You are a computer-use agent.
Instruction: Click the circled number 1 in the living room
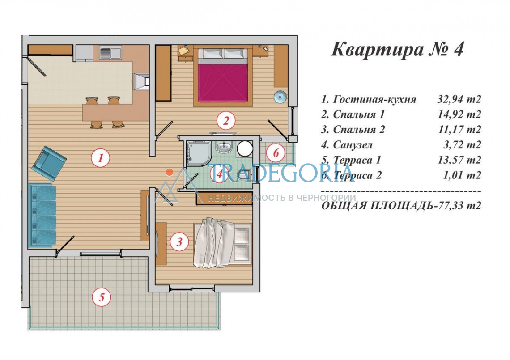[x=100, y=158]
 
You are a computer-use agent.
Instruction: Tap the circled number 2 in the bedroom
[x=226, y=121]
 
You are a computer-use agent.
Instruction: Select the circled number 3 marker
[x=179, y=241]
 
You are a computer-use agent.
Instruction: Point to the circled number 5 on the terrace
[x=102, y=297]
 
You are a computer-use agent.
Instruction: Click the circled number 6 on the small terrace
[x=276, y=152]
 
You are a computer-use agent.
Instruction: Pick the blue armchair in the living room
[x=49, y=163]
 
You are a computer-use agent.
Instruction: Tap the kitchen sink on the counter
[x=110, y=53]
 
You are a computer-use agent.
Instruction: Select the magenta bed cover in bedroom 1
[x=223, y=83]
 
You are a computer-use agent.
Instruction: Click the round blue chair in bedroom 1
[x=280, y=97]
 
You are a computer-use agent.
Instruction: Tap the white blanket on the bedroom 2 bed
[x=214, y=243]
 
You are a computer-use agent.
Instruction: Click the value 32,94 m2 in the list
[x=459, y=99]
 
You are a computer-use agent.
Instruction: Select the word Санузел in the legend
[x=353, y=145]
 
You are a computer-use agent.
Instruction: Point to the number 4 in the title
[x=458, y=50]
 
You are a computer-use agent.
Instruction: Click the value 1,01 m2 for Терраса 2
[x=462, y=175]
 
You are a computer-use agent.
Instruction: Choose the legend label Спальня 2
[x=359, y=130]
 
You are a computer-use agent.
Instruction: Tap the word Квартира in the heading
[x=377, y=50]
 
